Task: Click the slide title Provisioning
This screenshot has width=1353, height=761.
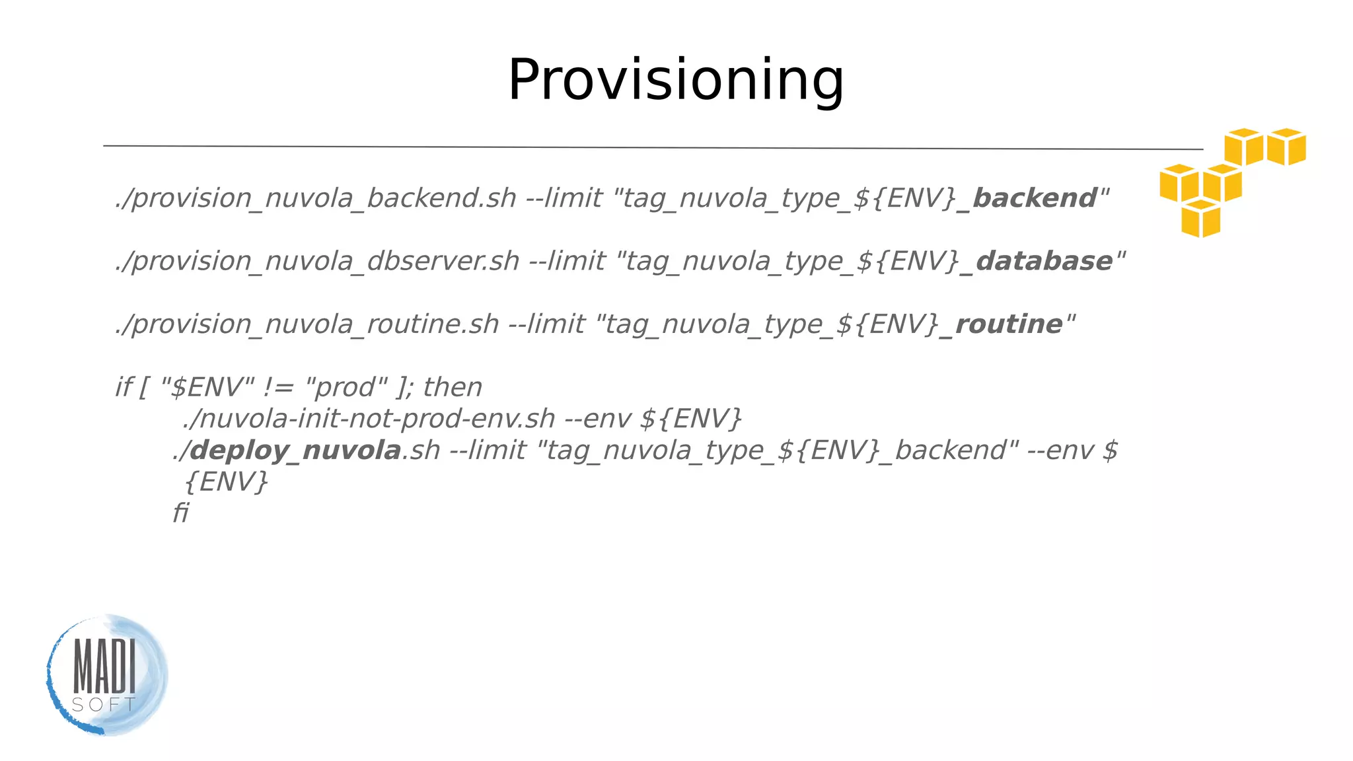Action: click(675, 80)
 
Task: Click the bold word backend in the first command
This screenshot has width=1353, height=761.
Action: click(1035, 198)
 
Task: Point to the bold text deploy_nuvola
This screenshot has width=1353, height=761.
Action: click(295, 451)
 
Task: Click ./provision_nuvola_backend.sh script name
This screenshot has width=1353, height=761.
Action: click(316, 198)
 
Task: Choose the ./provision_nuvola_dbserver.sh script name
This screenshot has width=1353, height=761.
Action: click(318, 261)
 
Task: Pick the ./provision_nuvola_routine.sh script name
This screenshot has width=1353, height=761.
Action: click(307, 324)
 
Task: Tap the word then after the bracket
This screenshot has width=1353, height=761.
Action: click(453, 387)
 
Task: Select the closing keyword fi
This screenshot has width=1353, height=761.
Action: click(180, 513)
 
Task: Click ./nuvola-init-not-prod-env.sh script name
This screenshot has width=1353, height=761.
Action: click(369, 419)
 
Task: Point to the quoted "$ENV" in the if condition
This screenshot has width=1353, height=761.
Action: click(207, 387)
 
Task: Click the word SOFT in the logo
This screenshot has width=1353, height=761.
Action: click(104, 705)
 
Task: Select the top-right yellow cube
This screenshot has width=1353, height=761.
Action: click(1286, 146)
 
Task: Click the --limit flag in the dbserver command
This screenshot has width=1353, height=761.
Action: click(567, 261)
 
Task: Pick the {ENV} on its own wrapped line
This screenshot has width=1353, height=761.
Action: click(227, 482)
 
